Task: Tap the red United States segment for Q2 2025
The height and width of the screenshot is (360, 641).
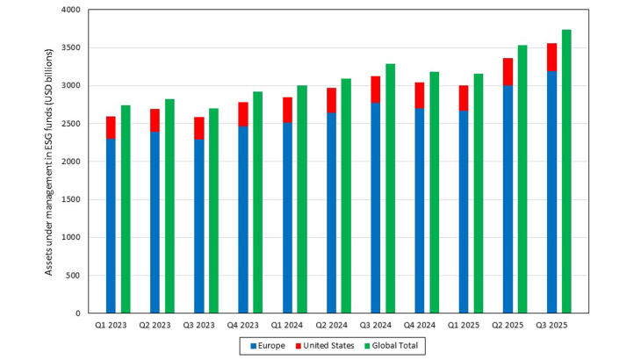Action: tap(508, 72)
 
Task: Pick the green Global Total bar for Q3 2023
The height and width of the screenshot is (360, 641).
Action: tap(213, 211)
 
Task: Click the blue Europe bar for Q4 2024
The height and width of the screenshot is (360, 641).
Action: tap(420, 211)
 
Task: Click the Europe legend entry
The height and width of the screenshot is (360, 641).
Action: tap(267, 346)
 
